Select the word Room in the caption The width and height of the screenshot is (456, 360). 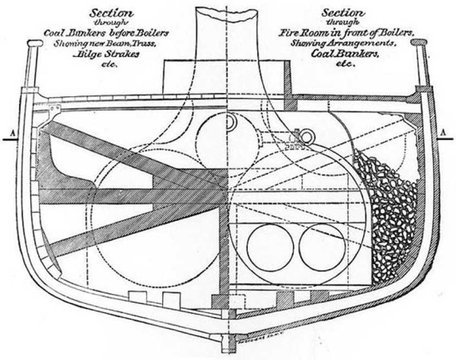pos(316,32)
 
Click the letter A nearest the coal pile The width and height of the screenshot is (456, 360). pos(443,132)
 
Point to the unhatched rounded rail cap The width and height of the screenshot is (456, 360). pos(34,43)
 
